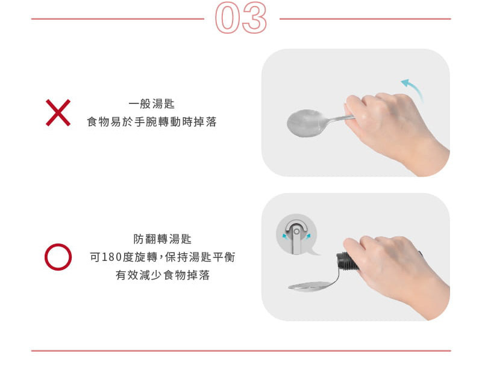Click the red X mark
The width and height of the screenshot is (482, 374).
click(x=58, y=112)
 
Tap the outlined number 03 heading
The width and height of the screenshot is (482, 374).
click(x=241, y=18)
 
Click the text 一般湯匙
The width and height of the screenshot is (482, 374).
click(x=152, y=104)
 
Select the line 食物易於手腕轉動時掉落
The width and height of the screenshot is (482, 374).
click(x=152, y=122)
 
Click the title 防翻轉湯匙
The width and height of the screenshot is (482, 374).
click(x=163, y=239)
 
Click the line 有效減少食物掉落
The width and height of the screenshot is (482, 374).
click(x=163, y=275)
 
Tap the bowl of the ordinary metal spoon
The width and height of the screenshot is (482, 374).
click(x=304, y=123)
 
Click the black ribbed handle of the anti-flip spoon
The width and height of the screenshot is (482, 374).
click(x=348, y=262)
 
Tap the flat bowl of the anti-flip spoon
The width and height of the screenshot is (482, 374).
click(x=310, y=286)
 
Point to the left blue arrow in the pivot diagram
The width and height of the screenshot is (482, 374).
click(x=286, y=236)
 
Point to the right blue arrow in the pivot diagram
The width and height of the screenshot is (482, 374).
click(x=308, y=236)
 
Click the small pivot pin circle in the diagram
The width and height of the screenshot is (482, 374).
click(x=296, y=231)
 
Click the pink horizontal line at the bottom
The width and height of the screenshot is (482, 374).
click(x=241, y=351)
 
